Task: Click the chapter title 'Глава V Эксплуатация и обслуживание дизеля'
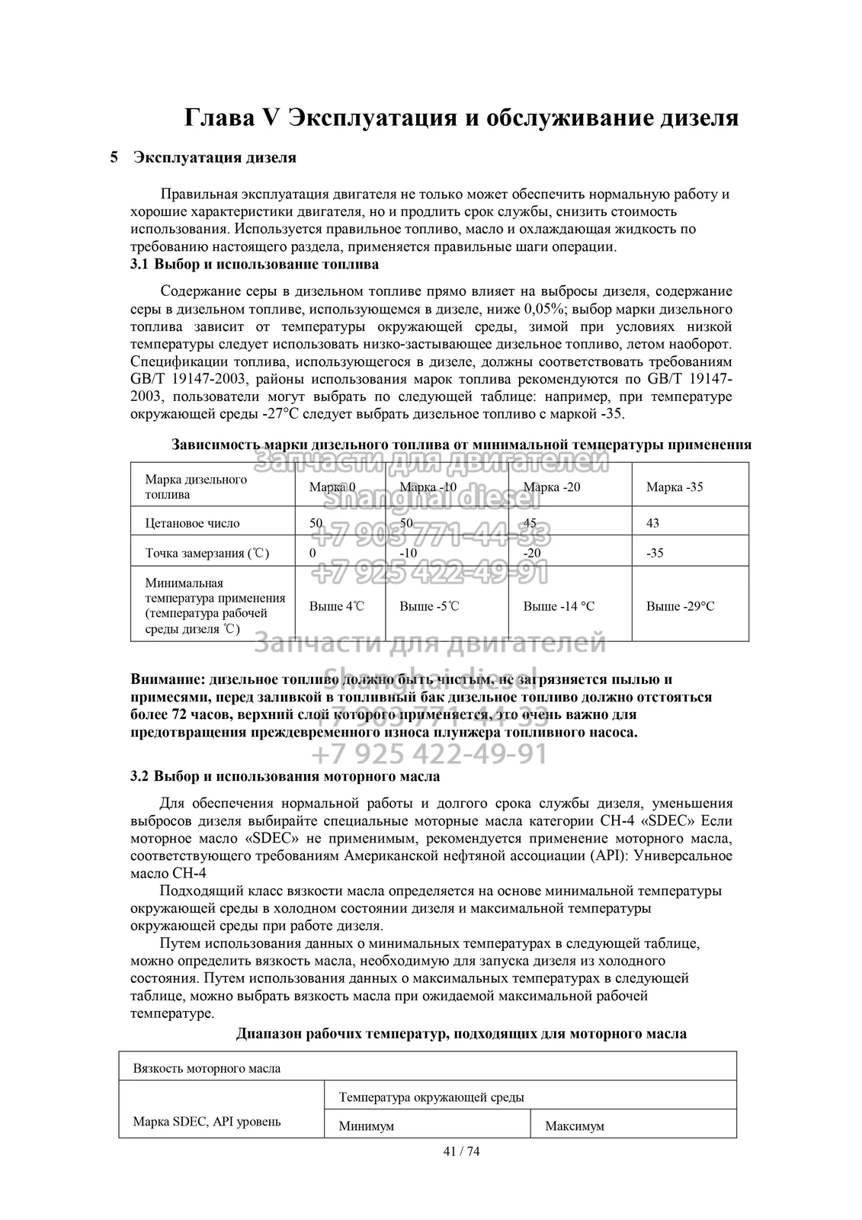461,118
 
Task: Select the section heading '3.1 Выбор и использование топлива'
255,265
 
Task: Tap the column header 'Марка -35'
675,487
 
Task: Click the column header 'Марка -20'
552,487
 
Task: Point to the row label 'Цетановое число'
192,523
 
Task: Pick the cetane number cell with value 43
653,523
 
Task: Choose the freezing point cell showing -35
655,553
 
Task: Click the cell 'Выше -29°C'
680,606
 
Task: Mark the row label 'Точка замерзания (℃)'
207,553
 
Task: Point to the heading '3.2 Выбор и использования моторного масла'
285,777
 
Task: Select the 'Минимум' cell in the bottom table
367,1126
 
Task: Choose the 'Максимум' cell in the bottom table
575,1126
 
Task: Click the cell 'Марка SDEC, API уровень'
207,1122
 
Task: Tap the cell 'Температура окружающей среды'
431,1097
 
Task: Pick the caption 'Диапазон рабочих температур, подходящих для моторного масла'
461,1034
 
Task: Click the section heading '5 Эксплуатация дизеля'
203,158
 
